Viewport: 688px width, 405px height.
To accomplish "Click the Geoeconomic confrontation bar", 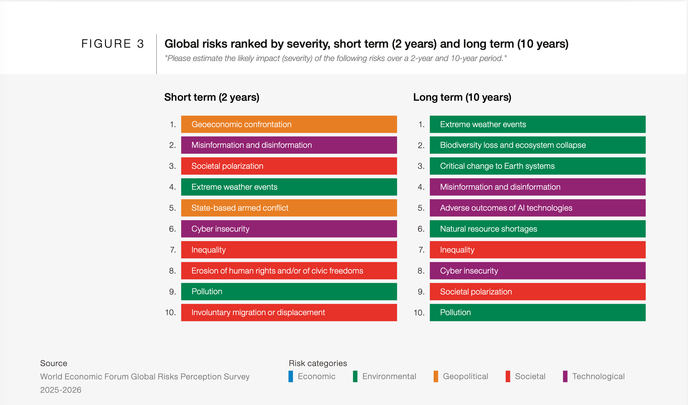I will (x=289, y=124).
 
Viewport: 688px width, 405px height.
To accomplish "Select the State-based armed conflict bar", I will (x=289, y=208).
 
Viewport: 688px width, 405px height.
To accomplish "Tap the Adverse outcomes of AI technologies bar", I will (x=537, y=208).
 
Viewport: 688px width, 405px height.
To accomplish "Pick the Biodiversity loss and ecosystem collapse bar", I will (x=537, y=145).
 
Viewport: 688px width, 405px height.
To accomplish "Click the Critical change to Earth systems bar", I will (x=537, y=166).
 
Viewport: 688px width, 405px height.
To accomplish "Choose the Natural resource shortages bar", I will (x=537, y=229).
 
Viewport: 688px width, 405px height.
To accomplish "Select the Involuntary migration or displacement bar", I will (x=289, y=312).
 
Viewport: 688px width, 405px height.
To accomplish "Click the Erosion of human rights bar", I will (x=289, y=271).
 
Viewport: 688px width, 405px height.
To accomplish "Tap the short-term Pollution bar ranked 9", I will (x=289, y=291).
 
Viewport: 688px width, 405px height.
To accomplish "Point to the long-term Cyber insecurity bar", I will (x=537, y=271).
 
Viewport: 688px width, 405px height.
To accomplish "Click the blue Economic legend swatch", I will (x=291, y=376).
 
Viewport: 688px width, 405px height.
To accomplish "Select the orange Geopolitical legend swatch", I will (x=436, y=376).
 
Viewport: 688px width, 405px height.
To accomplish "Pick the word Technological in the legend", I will (x=598, y=376).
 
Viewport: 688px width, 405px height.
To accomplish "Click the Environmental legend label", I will (x=389, y=376).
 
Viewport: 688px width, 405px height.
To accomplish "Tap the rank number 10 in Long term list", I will (x=419, y=313).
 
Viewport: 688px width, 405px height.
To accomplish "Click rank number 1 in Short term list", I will (x=173, y=125).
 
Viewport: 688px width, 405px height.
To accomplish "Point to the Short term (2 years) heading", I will (x=212, y=97).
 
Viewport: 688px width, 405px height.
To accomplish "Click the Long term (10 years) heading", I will (x=462, y=97).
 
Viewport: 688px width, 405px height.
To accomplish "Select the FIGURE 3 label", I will (x=113, y=44).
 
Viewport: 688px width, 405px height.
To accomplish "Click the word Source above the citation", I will (x=54, y=363).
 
